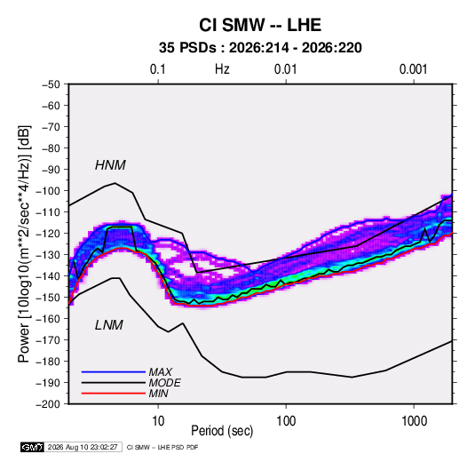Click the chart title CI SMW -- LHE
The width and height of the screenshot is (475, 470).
(x=260, y=25)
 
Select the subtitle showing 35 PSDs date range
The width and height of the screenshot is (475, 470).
(x=260, y=48)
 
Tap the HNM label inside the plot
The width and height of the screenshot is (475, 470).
(x=110, y=165)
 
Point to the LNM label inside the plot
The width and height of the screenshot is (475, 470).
(x=109, y=325)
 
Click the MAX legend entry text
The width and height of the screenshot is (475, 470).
(x=160, y=371)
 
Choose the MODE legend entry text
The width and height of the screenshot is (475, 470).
(x=164, y=383)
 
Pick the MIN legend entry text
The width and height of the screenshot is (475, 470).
(x=158, y=394)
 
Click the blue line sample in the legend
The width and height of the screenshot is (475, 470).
(x=114, y=371)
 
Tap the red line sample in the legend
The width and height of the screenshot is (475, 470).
(x=114, y=394)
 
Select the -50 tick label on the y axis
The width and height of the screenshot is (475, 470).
(x=51, y=84)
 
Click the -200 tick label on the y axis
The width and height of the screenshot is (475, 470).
(x=48, y=404)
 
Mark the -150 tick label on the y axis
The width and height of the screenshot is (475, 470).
(x=48, y=298)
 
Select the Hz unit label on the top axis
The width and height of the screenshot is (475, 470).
(x=222, y=69)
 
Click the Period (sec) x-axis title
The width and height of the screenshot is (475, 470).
(x=222, y=431)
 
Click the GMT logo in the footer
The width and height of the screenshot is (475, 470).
(x=33, y=447)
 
